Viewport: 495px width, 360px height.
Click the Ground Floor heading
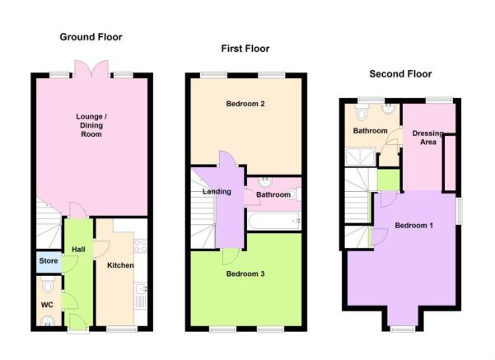(x=91, y=37)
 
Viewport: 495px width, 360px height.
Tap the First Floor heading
(x=245, y=49)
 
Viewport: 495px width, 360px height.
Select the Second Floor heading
(x=400, y=74)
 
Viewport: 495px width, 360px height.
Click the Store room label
(x=49, y=261)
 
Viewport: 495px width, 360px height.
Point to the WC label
(x=47, y=305)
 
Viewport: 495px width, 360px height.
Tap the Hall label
(x=78, y=250)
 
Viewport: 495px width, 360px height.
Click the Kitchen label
(x=120, y=265)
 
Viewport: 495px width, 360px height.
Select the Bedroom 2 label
(x=245, y=104)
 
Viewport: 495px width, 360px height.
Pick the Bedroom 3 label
(x=245, y=274)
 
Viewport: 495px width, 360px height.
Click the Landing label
(x=217, y=192)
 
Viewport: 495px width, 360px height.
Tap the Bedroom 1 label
(x=413, y=226)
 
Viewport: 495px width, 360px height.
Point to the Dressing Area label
(x=428, y=138)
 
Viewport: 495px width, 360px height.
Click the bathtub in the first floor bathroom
(x=274, y=221)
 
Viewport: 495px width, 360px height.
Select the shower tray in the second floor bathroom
(x=361, y=157)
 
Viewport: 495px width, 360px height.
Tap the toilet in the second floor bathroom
(x=362, y=112)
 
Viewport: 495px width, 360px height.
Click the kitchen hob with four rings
(x=141, y=245)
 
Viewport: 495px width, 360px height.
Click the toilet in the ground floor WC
(x=48, y=284)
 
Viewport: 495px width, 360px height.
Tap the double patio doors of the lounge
(x=91, y=69)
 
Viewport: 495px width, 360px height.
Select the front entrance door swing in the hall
(x=77, y=321)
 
